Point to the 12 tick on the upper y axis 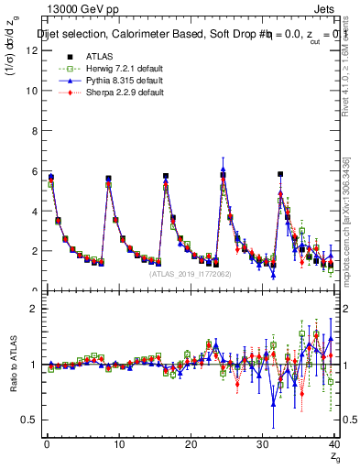coord(31,51)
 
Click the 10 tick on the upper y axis coord(31,92)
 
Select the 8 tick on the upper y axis coord(33,131)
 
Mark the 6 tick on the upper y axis coord(33,171)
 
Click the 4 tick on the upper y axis coord(33,211)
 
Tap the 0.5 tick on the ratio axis coord(28,420)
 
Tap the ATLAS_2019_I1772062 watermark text coord(190,273)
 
